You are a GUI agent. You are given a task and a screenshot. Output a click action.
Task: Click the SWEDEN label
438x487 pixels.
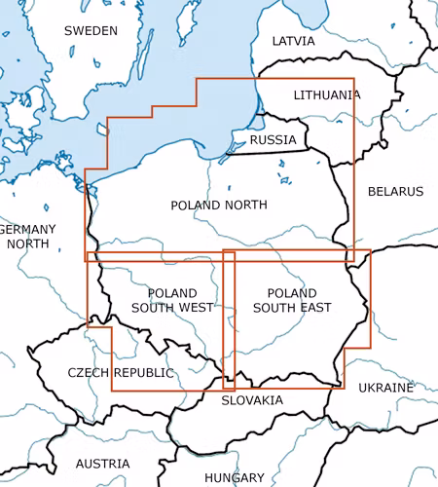pyautogui.click(x=91, y=31)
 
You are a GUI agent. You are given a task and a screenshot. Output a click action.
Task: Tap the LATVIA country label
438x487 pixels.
pyautogui.click(x=293, y=42)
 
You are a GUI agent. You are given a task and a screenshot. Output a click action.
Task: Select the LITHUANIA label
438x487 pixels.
pyautogui.click(x=327, y=95)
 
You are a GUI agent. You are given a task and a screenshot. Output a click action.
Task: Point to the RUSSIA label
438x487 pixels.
pyautogui.click(x=273, y=140)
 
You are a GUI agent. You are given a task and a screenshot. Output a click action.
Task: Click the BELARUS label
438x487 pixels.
pyautogui.click(x=395, y=192)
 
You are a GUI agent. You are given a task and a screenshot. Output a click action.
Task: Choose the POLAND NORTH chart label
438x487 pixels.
pyautogui.click(x=219, y=206)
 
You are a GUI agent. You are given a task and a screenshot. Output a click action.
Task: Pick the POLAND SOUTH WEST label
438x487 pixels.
pyautogui.click(x=172, y=300)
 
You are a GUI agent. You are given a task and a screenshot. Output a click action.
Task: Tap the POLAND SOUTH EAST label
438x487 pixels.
pyautogui.click(x=291, y=300)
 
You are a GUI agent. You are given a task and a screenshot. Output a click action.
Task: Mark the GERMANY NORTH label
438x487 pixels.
pyautogui.click(x=27, y=236)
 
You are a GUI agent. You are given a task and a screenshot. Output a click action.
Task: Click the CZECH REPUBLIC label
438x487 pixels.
pyautogui.click(x=121, y=373)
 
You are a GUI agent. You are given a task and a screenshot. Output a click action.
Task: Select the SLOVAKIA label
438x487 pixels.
pyautogui.click(x=252, y=400)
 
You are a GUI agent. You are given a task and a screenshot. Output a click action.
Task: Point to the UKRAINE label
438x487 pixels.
pyautogui.click(x=385, y=388)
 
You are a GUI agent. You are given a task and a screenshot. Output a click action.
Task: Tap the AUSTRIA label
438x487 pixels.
pyautogui.click(x=102, y=464)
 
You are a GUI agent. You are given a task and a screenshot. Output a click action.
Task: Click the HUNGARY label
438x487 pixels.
pyautogui.click(x=235, y=478)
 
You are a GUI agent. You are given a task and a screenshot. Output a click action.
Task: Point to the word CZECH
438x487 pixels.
pyautogui.click(x=89, y=373)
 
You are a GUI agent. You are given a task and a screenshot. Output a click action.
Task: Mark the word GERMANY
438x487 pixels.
pyautogui.click(x=27, y=229)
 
